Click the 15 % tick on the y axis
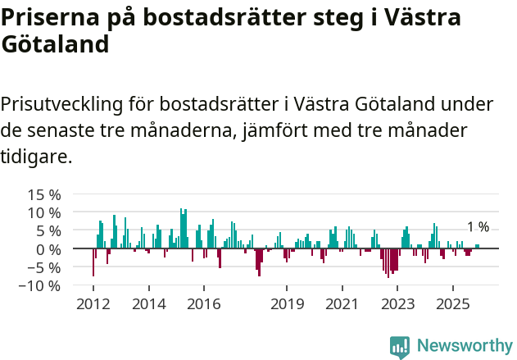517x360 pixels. (44, 195)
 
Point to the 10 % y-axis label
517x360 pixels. (44, 213)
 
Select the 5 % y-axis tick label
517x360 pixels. (48, 231)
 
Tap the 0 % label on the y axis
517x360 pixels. (48, 249)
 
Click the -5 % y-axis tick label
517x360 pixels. (45, 267)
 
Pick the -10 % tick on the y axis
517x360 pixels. (42, 286)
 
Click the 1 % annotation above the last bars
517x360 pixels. (478, 227)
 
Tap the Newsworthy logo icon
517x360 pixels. (400, 347)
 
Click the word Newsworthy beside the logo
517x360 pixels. (465, 347)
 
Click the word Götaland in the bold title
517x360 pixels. (55, 45)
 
